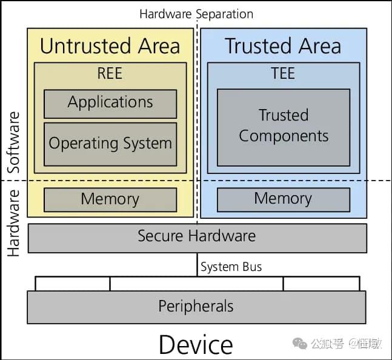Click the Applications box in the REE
coord(110,103)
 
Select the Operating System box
coord(110,144)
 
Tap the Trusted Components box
coord(284,127)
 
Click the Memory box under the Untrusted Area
coord(110,199)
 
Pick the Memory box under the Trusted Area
coord(284,199)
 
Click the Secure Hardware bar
coord(197,237)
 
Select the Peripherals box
coord(196,307)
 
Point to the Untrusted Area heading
coord(110,46)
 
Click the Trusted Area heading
coord(283,46)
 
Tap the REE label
coord(110,74)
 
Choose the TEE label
coord(283,74)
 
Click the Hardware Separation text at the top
coord(196,13)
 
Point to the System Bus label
coord(231,267)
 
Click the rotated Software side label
coord(13,142)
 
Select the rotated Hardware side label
coord(13,223)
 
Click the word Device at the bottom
coord(196,345)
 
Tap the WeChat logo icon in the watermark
coord(300,344)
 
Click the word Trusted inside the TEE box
coord(284,115)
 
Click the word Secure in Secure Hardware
coord(161,236)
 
